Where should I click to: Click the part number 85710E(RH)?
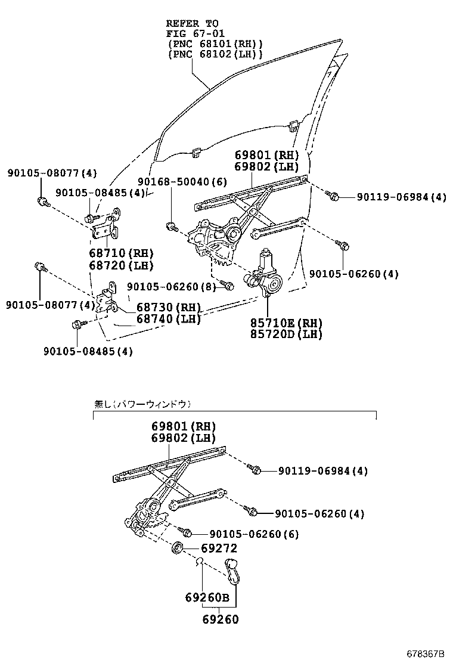point(286,323)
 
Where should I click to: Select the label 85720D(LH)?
point(286,334)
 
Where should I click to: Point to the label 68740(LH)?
point(168,319)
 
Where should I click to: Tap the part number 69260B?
point(206,597)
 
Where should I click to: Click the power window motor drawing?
point(266,276)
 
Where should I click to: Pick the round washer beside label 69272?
point(178,548)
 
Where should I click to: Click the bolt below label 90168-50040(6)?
point(172,226)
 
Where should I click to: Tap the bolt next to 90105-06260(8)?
point(226,286)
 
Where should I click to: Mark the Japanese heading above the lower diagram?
point(142,404)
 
